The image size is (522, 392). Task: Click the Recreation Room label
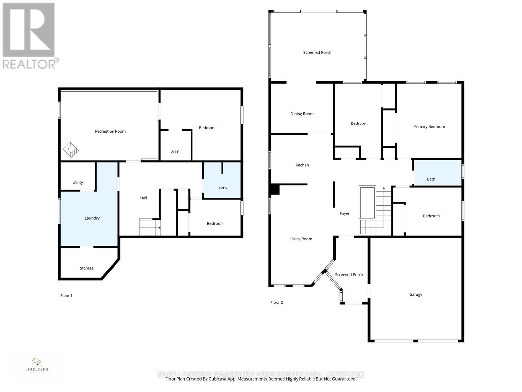[110, 131]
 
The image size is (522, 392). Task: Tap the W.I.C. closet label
[175, 152]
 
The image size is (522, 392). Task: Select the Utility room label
[78, 182]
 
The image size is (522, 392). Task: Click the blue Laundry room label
[92, 218]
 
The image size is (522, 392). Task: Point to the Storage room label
[87, 268]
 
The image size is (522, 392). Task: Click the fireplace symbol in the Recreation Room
[71, 150]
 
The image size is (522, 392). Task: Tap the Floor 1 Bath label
[223, 188]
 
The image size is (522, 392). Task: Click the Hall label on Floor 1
[144, 198]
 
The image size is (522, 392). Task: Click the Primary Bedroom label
[429, 127]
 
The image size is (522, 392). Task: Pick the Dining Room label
[302, 114]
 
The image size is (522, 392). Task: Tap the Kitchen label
[302, 165]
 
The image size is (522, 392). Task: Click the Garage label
[416, 294]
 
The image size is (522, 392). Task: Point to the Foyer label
[345, 214]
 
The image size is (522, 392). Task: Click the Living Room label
[301, 239]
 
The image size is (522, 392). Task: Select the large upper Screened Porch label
[317, 52]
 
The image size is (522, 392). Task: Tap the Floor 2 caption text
[277, 302]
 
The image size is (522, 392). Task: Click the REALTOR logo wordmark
[31, 63]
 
